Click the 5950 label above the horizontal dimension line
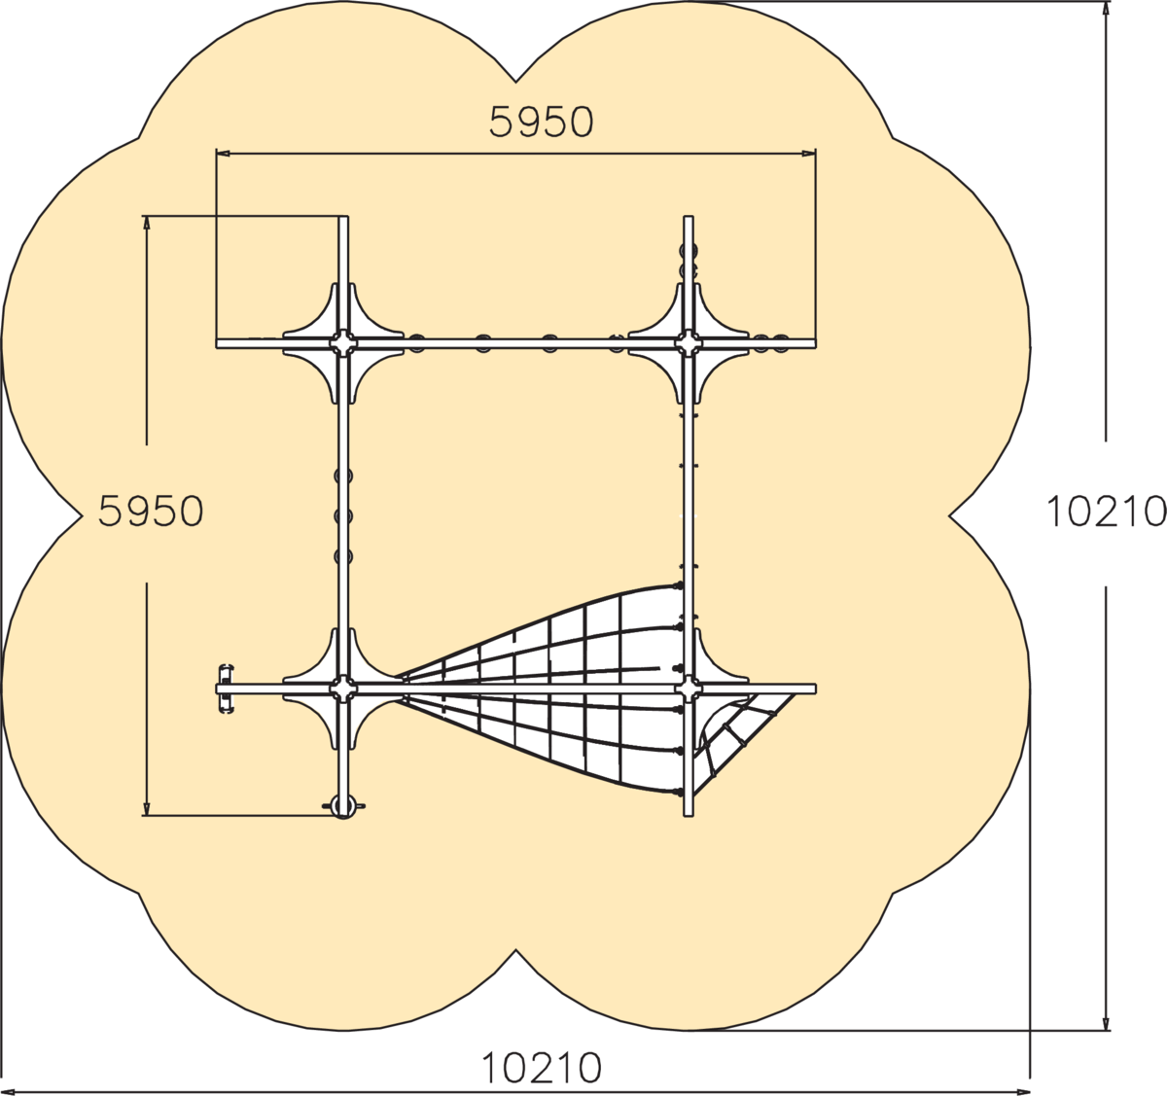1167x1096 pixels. (541, 123)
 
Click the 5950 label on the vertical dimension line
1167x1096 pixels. (151, 511)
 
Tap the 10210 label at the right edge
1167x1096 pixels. (1106, 511)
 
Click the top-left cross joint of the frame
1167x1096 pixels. (343, 343)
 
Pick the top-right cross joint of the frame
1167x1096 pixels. (689, 343)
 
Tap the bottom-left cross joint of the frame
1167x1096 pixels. (343, 689)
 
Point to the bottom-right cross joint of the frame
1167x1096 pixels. (689, 689)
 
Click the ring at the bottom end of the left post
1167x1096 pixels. (343, 807)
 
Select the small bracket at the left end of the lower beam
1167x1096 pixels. (226, 689)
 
